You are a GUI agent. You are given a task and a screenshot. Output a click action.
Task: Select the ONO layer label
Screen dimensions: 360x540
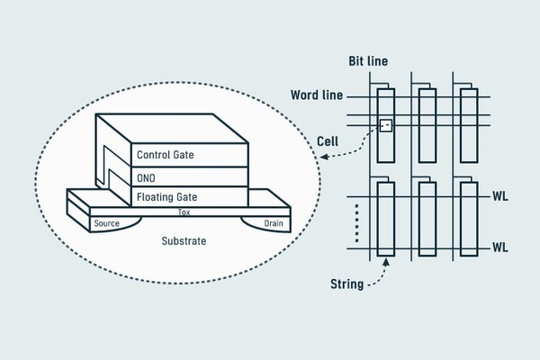coord(146,175)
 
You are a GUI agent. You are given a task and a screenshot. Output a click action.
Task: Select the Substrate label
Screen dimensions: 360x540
coord(184,242)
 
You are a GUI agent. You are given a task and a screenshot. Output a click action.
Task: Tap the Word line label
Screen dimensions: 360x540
coord(315,94)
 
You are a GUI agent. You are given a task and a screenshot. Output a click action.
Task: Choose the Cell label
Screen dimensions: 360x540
coord(328,140)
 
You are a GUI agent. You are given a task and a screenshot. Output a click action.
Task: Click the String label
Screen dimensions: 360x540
coord(346,285)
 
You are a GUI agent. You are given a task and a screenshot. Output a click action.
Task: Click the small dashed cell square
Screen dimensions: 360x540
coord(385,124)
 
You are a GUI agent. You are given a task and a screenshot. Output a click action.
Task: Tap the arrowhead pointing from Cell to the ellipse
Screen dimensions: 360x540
coord(323,158)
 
